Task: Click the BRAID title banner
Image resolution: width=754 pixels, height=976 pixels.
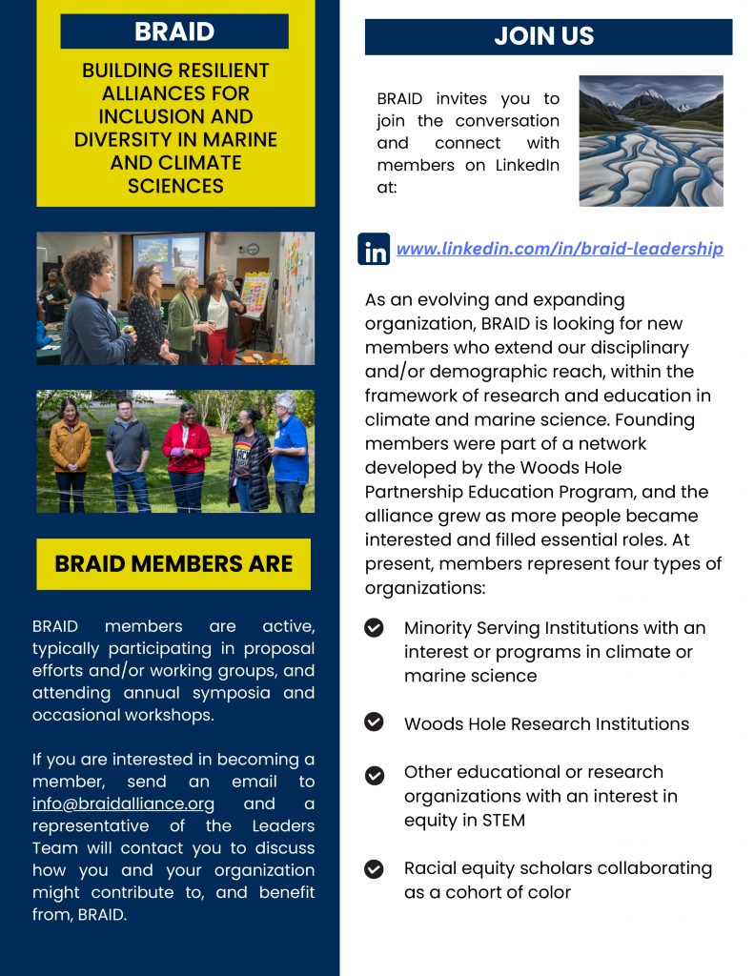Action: [x=174, y=31]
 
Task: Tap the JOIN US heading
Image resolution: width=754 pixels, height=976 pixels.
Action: [x=548, y=37]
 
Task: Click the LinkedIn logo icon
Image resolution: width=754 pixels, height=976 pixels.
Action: [x=374, y=249]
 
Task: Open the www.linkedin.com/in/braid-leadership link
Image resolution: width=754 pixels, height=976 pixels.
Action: [x=560, y=249]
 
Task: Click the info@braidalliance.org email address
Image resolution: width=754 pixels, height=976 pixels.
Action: [x=123, y=803]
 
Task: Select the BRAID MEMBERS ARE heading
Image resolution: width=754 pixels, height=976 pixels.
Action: [x=173, y=563]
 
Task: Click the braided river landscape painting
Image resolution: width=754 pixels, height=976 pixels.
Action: [x=651, y=141]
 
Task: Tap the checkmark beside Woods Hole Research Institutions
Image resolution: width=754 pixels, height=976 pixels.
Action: [x=375, y=722]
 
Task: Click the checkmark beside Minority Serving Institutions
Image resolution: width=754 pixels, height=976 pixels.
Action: [x=375, y=627]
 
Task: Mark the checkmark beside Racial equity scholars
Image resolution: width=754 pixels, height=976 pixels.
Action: [x=375, y=868]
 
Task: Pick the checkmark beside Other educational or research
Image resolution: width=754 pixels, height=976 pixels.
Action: [x=375, y=774]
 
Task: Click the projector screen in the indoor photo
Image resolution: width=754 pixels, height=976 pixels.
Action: [x=168, y=256]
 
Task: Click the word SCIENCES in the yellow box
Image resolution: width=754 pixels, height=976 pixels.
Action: [x=175, y=186]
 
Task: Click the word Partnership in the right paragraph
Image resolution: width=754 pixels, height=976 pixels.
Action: [x=418, y=492]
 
